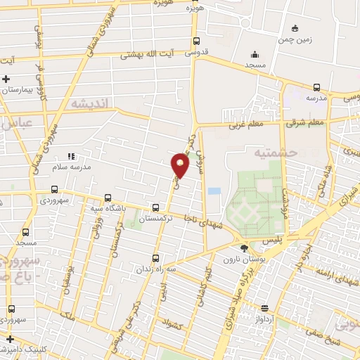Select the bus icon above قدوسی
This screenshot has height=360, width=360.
point(196,41)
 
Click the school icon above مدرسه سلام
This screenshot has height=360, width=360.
point(70,155)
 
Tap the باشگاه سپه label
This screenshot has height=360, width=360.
point(107,209)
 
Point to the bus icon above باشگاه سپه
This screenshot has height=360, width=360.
point(107,198)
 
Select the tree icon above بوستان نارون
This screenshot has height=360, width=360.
point(244,247)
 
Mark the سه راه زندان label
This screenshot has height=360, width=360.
point(155,269)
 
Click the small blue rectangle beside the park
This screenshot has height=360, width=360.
point(214,191)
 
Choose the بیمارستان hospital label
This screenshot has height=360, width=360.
point(16,90)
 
